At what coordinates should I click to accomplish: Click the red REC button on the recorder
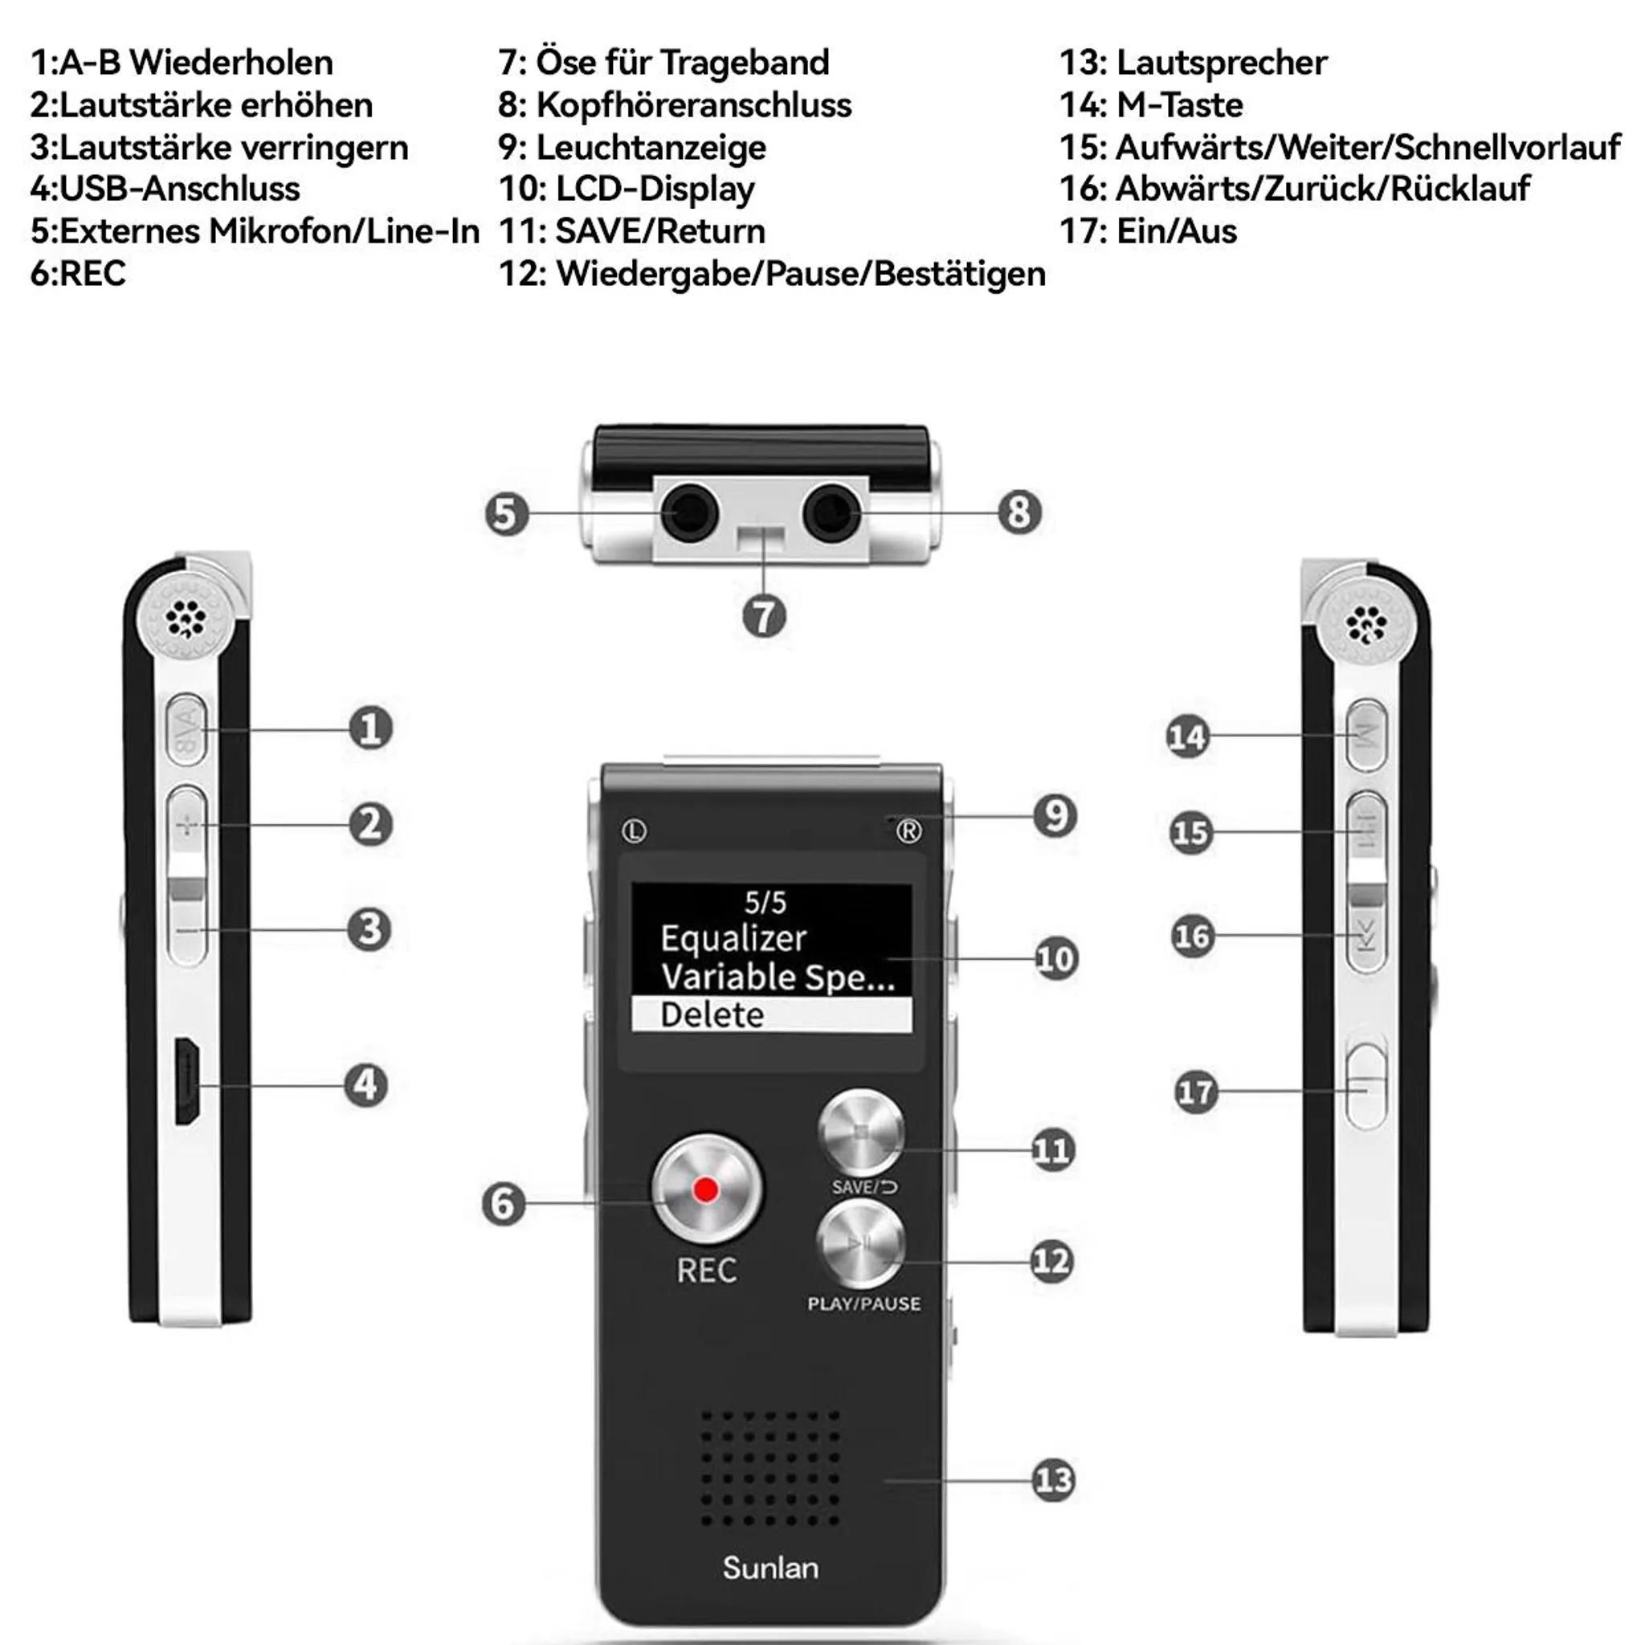pyautogui.click(x=706, y=1190)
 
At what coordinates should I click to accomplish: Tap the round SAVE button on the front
pyautogui.click(x=861, y=1133)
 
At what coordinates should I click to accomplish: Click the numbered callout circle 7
pyautogui.click(x=764, y=615)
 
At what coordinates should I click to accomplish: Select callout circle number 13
pyautogui.click(x=1053, y=1480)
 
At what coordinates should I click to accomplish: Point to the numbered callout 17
pyautogui.click(x=1195, y=1092)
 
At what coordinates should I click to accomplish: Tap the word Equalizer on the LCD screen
pyautogui.click(x=733, y=938)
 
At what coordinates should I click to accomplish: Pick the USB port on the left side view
pyautogui.click(x=187, y=1080)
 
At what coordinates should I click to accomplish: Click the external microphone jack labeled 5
pyautogui.click(x=691, y=513)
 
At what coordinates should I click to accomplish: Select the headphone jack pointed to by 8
pyautogui.click(x=832, y=512)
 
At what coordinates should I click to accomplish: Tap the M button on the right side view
pyautogui.click(x=1366, y=736)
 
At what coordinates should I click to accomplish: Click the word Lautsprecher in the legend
pyautogui.click(x=1222, y=63)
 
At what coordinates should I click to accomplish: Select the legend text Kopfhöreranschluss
pyautogui.click(x=694, y=105)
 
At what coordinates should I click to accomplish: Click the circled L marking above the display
pyautogui.click(x=635, y=831)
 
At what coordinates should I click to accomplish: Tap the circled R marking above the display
pyautogui.click(x=908, y=831)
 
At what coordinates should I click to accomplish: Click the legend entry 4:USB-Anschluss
pyautogui.click(x=165, y=189)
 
